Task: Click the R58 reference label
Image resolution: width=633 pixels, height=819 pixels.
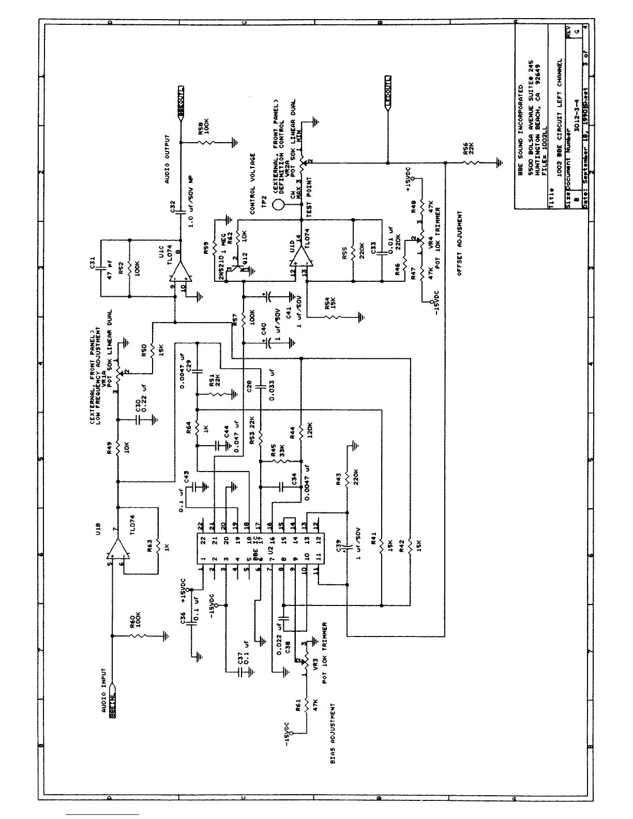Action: pyautogui.click(x=200, y=129)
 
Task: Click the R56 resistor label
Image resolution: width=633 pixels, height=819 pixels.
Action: pyautogui.click(x=465, y=149)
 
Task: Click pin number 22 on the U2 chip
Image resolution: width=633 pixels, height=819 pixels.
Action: pyautogui.click(x=202, y=525)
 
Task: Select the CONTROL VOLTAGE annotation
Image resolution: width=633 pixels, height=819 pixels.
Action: pyautogui.click(x=253, y=183)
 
